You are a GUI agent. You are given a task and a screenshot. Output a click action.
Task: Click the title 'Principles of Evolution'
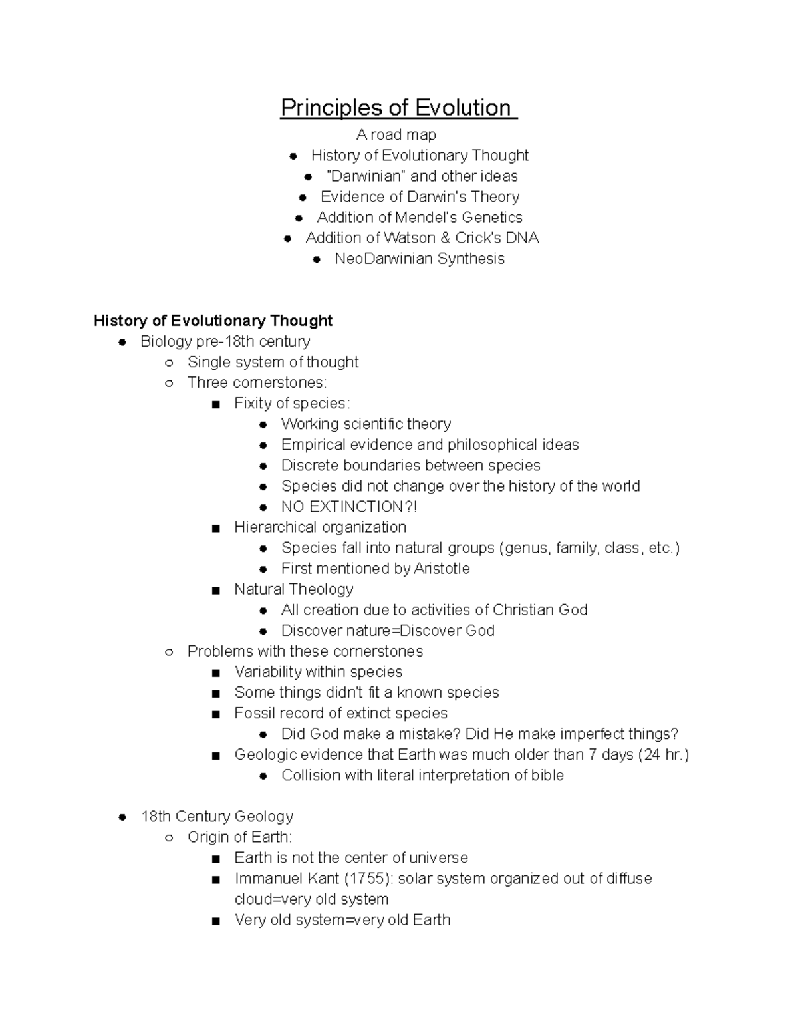(397, 108)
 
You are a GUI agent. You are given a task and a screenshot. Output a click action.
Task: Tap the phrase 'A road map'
(396, 135)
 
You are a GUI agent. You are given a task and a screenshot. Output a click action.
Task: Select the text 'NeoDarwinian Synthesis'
(419, 259)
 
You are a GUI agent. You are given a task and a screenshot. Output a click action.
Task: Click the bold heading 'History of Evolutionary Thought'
(213, 321)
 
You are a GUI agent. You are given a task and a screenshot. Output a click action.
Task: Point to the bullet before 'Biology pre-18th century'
(122, 342)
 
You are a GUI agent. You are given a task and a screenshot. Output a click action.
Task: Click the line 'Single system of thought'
(273, 362)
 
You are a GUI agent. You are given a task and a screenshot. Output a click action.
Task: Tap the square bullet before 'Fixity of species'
(215, 404)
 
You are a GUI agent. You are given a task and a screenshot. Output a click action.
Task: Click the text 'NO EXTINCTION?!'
(349, 507)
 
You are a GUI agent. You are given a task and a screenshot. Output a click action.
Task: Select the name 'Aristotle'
(442, 569)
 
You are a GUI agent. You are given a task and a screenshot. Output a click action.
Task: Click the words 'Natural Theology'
(293, 589)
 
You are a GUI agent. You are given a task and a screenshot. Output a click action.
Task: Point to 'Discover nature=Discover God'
(388, 631)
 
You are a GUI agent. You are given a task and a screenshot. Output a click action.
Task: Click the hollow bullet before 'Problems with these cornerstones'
(169, 652)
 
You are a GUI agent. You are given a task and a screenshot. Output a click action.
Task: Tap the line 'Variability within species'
(318, 672)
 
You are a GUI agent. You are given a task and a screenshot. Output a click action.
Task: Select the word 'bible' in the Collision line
(547, 776)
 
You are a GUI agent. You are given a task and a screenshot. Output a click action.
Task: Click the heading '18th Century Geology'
(217, 817)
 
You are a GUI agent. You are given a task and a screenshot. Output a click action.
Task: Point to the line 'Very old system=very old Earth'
(342, 920)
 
